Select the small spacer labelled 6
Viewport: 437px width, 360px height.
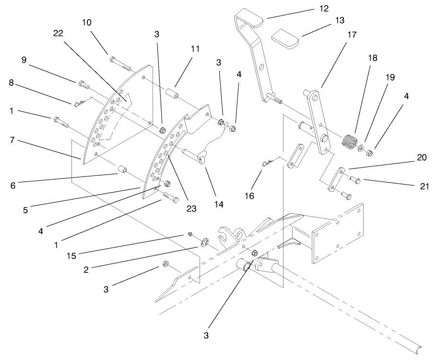point(123,170)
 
